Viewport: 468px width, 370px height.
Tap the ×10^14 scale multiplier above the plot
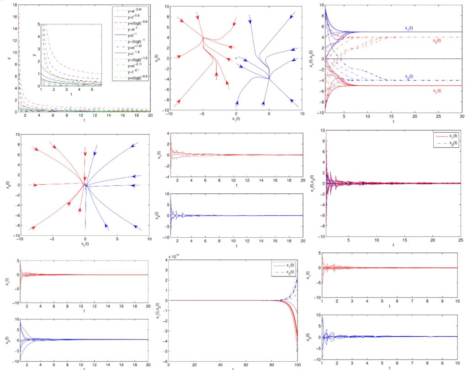point(174,257)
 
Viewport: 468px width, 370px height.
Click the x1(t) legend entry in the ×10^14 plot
point(284,265)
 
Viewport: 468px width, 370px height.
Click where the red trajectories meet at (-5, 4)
point(203,37)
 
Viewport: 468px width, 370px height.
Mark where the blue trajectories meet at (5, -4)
point(269,78)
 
